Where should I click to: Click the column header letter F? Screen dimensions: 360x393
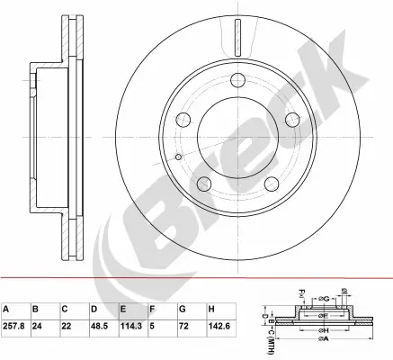[x=152, y=308]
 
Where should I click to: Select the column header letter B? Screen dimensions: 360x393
[x=36, y=308]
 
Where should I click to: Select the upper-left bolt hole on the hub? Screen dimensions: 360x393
[x=186, y=119]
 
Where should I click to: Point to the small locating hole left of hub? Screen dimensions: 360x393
[x=179, y=158]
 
